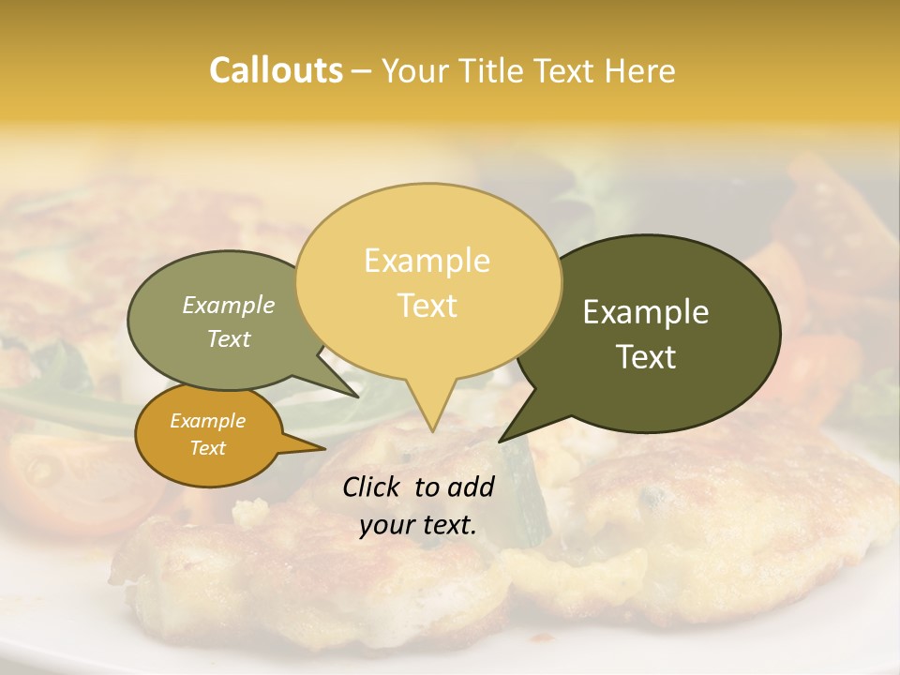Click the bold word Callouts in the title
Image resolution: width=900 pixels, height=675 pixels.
pos(276,70)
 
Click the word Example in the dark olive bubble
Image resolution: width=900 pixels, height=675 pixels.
pos(646,312)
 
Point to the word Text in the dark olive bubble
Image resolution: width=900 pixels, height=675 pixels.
pos(646,357)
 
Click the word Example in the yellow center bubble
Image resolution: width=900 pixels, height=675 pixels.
pos(427,261)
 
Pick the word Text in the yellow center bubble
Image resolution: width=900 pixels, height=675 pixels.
pos(427,306)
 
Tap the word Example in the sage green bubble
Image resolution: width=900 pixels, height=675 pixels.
pos(229,306)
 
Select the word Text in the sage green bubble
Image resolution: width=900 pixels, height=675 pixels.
pos(229,338)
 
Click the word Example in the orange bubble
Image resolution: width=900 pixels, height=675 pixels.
pos(207,421)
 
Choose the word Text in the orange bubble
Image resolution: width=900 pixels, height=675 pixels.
pos(207,448)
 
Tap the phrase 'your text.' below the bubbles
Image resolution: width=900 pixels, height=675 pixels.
pos(417,525)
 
